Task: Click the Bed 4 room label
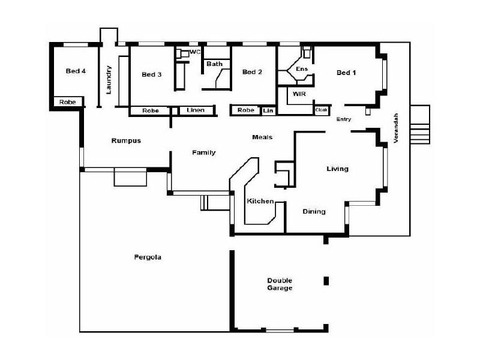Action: [76, 71]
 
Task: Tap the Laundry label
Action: [109, 79]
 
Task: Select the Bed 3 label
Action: [151, 74]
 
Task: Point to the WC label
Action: [194, 52]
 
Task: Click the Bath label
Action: [214, 64]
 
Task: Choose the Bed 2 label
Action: [252, 72]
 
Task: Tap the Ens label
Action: [302, 69]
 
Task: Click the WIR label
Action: [299, 94]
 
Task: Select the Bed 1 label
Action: [346, 73]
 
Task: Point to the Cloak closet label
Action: [322, 110]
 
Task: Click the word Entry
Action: [344, 119]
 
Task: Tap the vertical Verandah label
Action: [395, 127]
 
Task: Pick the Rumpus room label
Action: [126, 140]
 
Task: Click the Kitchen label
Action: [260, 201]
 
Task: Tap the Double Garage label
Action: [280, 284]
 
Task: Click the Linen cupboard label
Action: [196, 110]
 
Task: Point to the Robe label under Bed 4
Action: [67, 103]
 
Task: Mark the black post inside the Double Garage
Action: [326, 281]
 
